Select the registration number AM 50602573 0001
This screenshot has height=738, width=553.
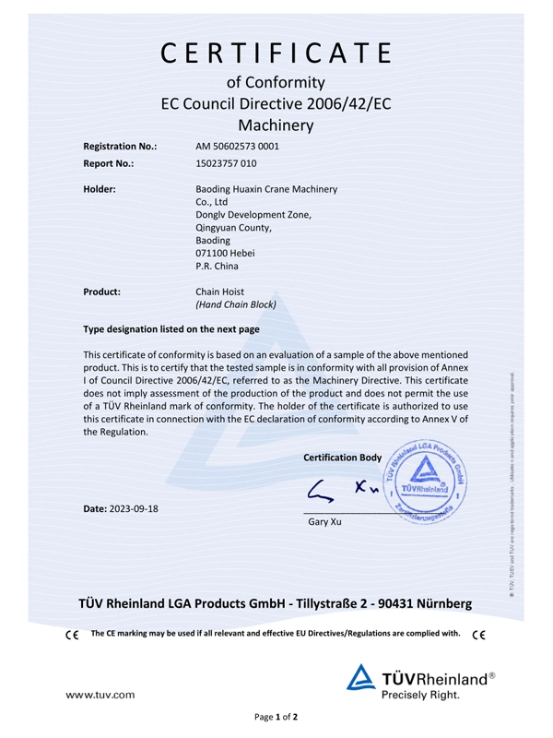(238, 146)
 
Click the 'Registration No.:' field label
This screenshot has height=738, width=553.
(120, 146)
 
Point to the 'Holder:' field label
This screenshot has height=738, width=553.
(100, 189)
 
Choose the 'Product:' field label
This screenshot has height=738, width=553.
(102, 291)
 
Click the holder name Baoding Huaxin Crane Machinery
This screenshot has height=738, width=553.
(266, 189)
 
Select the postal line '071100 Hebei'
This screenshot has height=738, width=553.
(225, 253)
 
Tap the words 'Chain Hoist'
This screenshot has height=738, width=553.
(221, 291)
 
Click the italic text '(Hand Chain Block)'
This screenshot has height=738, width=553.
(236, 304)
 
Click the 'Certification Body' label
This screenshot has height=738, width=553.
(342, 458)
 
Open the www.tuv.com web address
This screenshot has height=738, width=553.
(100, 693)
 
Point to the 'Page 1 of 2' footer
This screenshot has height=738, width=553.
(276, 717)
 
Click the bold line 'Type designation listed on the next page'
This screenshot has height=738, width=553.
(171, 329)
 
